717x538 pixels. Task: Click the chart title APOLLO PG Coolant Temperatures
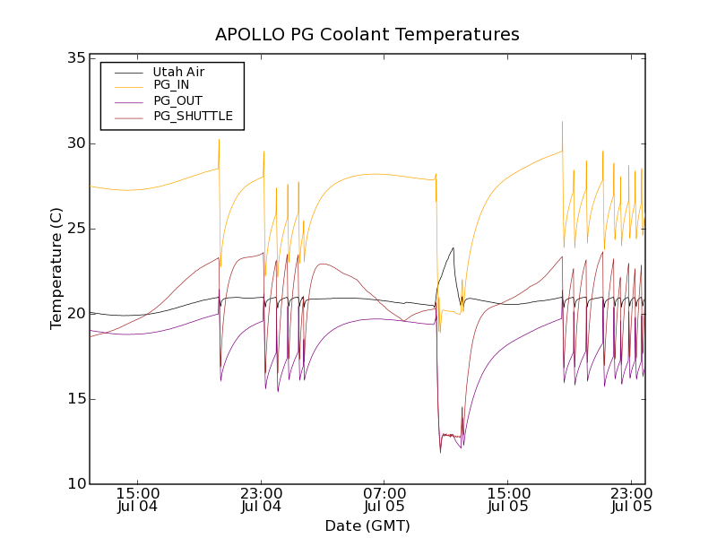[367, 35]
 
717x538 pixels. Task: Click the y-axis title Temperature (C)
[56, 268]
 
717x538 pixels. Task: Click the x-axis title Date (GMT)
[367, 525]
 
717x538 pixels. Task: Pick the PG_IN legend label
[171, 85]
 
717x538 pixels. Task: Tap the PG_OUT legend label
[177, 100]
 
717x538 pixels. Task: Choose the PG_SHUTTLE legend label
[193, 116]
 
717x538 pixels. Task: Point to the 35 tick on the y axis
[75, 58]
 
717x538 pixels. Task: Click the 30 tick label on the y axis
[75, 143]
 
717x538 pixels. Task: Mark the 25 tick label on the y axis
[75, 229]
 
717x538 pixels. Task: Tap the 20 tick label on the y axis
[75, 314]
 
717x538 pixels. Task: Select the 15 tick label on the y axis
[75, 399]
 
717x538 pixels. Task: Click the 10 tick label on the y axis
[75, 484]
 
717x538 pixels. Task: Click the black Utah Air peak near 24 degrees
[454, 248]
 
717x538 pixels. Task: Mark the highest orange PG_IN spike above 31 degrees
[562, 123]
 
